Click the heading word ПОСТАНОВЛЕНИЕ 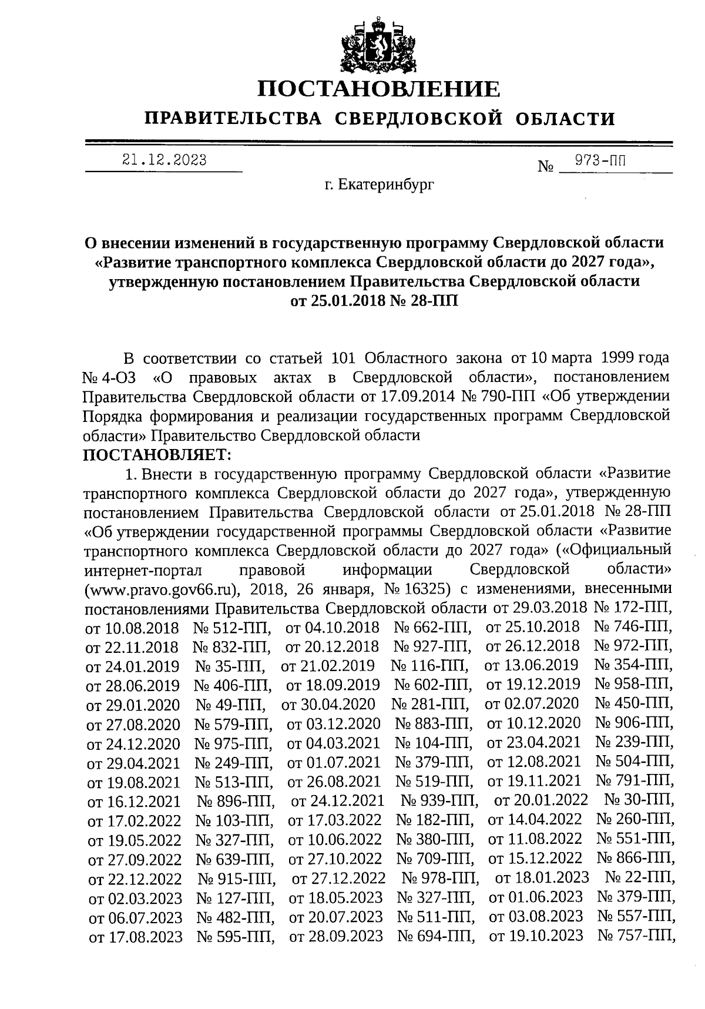pos(380,89)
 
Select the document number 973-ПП pos(600,160)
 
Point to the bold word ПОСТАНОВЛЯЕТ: pos(158,454)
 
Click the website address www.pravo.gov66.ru pos(162,589)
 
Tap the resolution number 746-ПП pos(634,627)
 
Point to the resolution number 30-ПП pos(639,800)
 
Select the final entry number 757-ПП pos(636,935)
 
